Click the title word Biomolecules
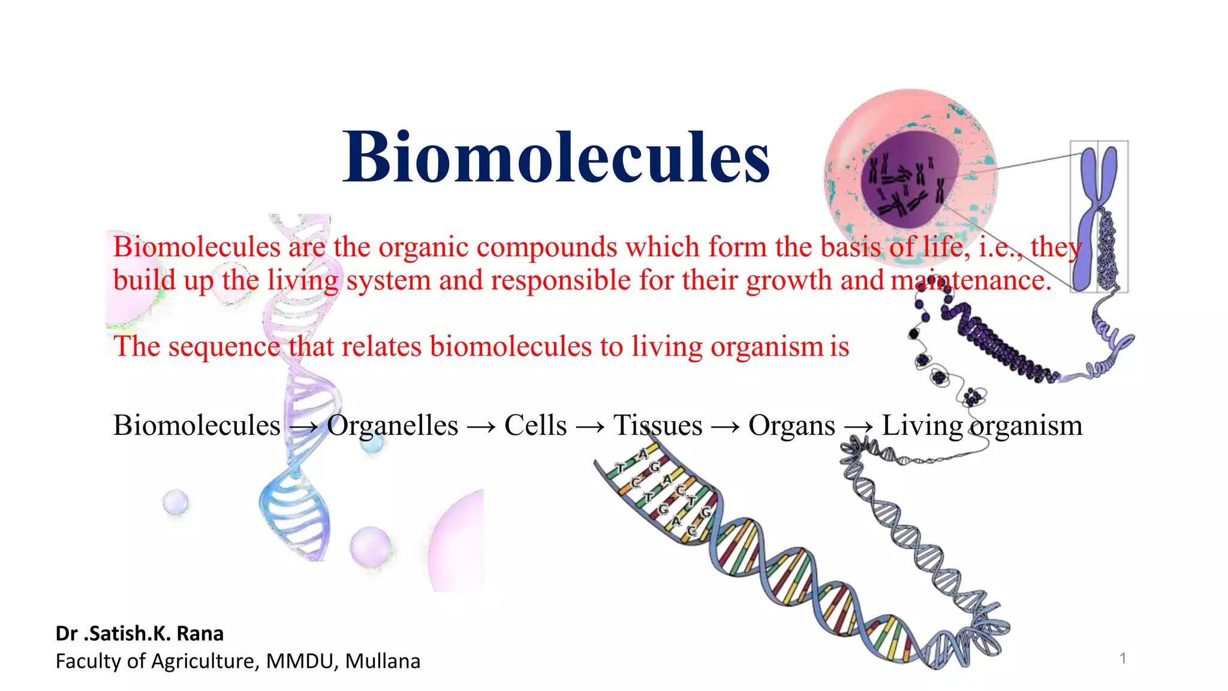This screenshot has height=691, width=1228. [x=556, y=158]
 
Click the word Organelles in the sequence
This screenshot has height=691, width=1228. [x=393, y=425]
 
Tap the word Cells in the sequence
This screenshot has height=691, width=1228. [x=535, y=425]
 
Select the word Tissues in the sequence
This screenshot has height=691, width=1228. [x=658, y=425]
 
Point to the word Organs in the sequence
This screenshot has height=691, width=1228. [x=791, y=425]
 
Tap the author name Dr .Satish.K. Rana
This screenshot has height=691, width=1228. [x=139, y=633]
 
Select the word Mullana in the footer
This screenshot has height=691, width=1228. [x=383, y=661]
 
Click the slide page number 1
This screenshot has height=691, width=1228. [x=1122, y=659]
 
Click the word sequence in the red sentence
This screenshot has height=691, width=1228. [x=224, y=347]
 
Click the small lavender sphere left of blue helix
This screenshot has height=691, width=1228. [x=175, y=501]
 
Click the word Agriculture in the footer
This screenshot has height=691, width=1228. [x=204, y=661]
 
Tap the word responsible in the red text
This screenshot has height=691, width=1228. [x=560, y=281]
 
